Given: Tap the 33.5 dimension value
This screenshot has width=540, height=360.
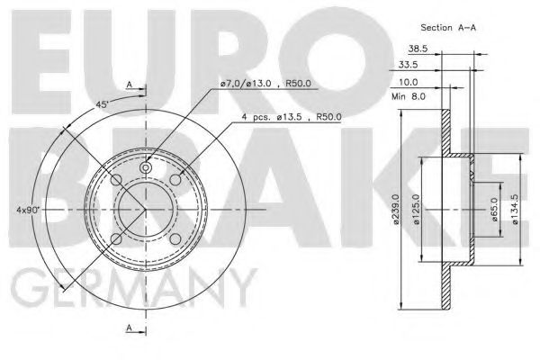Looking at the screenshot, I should click(409, 66).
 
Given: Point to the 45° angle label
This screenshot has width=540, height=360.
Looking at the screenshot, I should click(104, 103).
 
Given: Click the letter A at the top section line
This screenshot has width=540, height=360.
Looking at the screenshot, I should click(130, 85).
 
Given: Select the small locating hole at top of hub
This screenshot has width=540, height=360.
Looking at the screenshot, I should click(147, 167).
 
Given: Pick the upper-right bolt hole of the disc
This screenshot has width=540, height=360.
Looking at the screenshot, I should click(175, 182).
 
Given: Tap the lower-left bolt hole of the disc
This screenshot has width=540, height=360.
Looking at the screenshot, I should click(117, 239).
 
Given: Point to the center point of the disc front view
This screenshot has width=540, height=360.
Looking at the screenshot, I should click(147, 211).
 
